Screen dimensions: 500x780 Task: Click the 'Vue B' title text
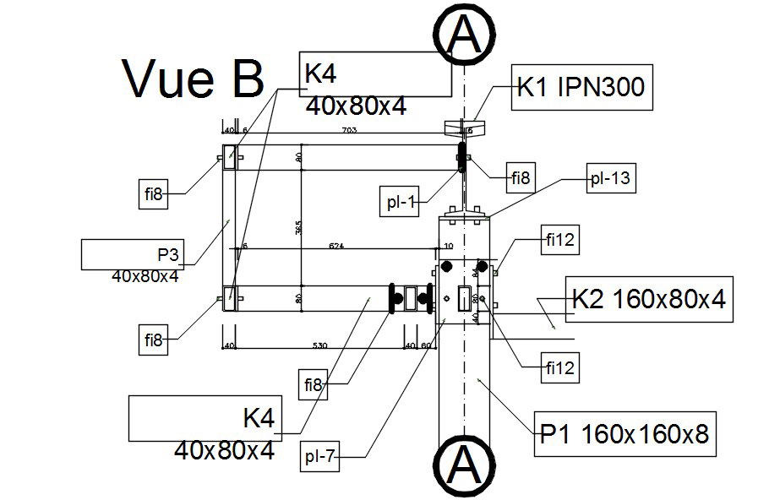[x=194, y=79]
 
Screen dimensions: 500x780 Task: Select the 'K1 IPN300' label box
[x=582, y=89]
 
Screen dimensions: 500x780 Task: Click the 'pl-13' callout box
[x=610, y=178]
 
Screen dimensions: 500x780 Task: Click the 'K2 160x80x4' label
[x=648, y=300]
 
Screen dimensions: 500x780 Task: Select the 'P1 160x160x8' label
[x=624, y=435]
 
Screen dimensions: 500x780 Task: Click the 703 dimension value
[x=347, y=130]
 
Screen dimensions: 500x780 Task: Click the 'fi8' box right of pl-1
[x=521, y=178]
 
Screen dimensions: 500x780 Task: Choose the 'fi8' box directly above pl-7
[x=314, y=385]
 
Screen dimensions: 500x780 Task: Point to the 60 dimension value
[x=426, y=345]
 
